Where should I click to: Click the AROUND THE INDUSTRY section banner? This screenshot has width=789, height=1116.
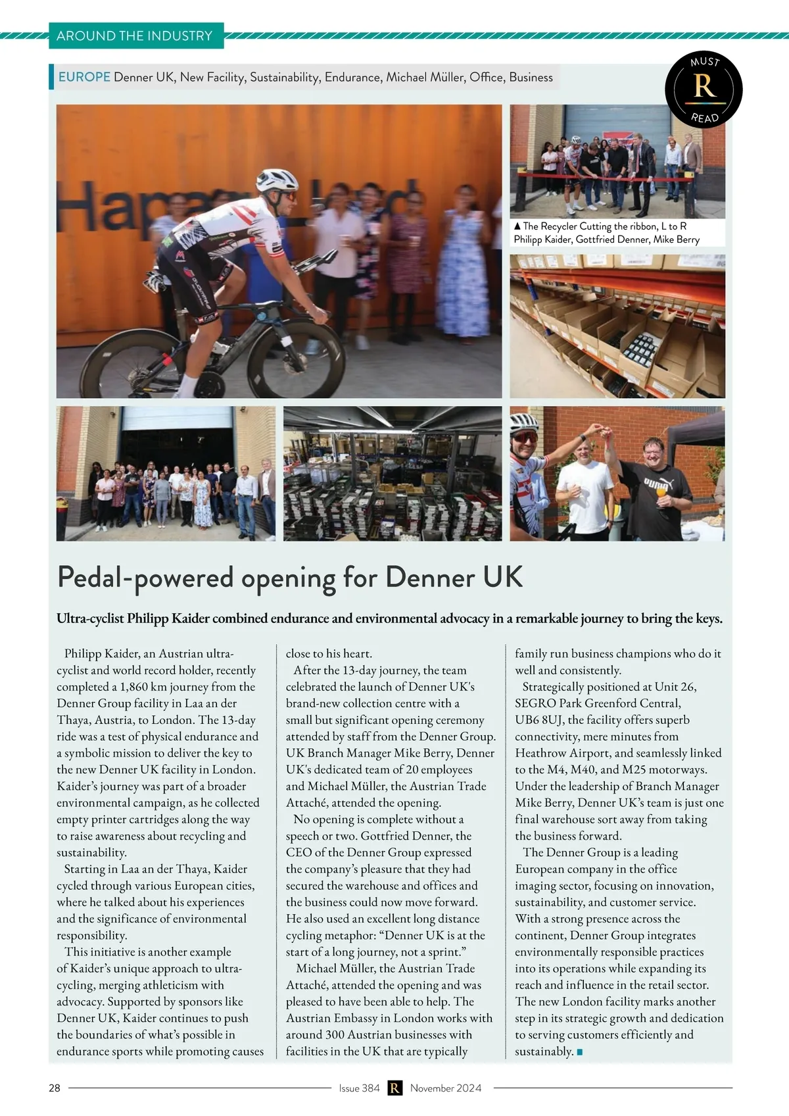click(x=135, y=36)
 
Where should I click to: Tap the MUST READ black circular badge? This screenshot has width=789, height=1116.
click(x=704, y=89)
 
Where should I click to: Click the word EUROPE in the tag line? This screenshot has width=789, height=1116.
click(x=84, y=77)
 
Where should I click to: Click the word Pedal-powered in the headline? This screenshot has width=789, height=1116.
click(x=145, y=578)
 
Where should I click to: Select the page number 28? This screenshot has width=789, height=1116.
click(x=55, y=1088)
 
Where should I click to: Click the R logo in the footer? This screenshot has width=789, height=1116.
click(x=394, y=1088)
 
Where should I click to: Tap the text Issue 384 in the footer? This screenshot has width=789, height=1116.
click(x=359, y=1088)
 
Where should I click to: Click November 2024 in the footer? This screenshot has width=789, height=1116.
click(x=446, y=1088)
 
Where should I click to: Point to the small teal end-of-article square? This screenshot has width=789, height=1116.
click(x=580, y=1052)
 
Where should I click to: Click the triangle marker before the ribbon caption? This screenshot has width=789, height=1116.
click(x=517, y=226)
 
